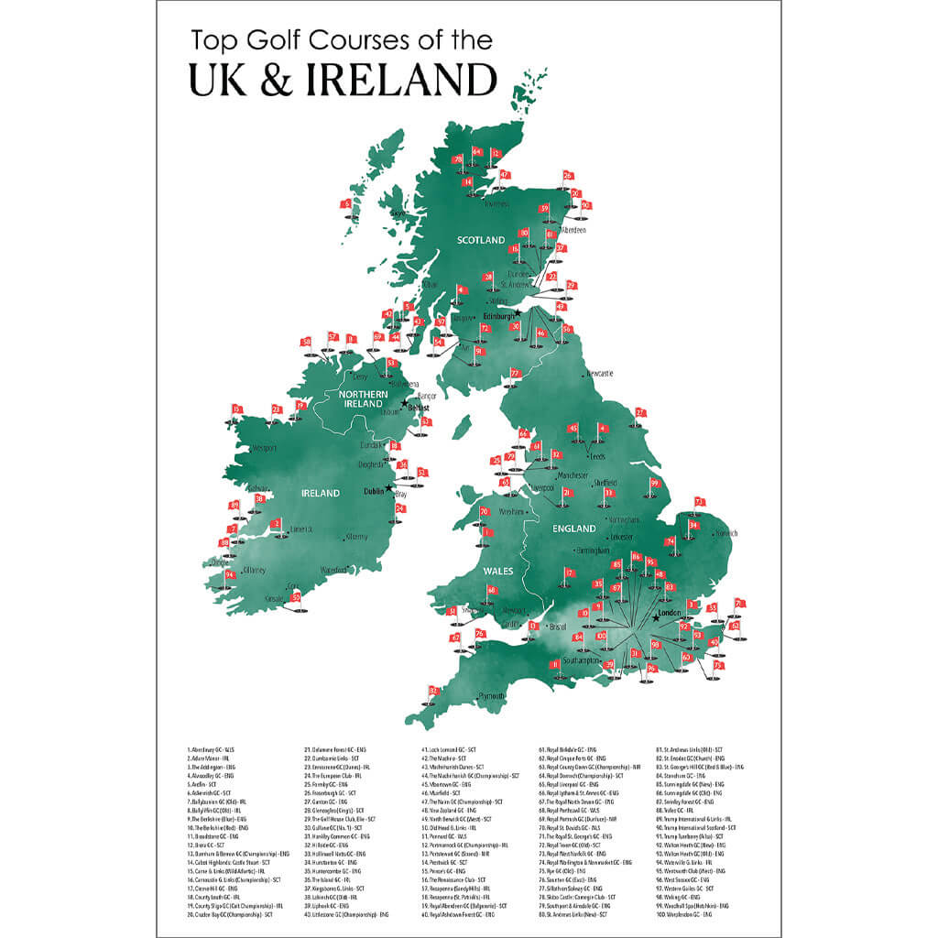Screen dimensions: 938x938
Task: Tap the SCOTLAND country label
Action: click(482, 240)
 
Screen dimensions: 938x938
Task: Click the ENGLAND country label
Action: click(575, 529)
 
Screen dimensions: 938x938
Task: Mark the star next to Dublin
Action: click(389, 489)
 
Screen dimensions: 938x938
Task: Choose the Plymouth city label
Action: click(491, 695)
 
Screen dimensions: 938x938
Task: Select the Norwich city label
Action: click(726, 533)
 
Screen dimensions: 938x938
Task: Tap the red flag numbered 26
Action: click(568, 175)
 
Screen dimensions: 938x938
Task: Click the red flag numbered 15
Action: click(236, 409)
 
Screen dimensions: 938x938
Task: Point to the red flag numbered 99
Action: click(655, 483)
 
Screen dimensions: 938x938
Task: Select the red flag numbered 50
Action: click(296, 597)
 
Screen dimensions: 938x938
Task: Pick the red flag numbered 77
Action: click(516, 373)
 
